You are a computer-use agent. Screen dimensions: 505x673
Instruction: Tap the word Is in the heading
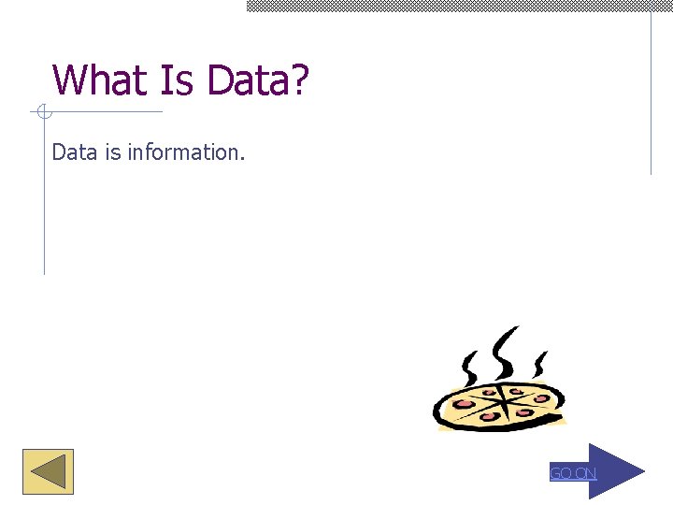[x=179, y=80]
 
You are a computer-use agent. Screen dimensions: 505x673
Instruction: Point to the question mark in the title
[x=298, y=80]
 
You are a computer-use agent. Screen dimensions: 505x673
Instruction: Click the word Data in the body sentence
[x=75, y=151]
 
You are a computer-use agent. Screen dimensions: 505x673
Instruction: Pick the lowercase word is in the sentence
[x=112, y=151]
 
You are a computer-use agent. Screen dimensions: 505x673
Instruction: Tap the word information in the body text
[x=183, y=151]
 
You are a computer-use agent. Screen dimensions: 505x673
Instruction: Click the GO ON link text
[x=572, y=473]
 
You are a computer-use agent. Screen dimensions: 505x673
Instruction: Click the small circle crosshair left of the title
[x=42, y=113]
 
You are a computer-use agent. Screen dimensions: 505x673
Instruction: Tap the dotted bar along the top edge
[x=458, y=6]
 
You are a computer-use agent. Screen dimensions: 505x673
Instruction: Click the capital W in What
[x=68, y=80]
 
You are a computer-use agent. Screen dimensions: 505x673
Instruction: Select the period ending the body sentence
[x=242, y=158]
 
